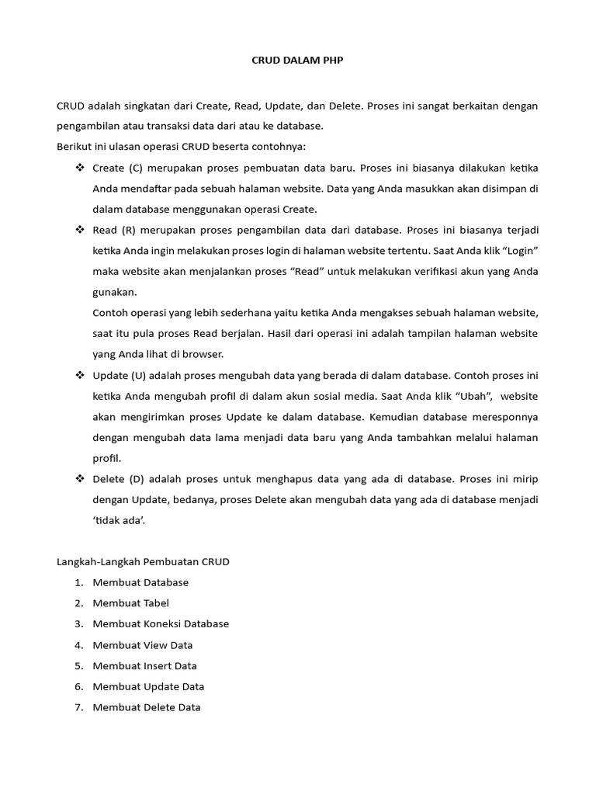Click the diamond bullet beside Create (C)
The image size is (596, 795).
(80, 168)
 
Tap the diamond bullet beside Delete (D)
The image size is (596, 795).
(80, 479)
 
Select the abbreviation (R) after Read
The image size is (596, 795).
(128, 230)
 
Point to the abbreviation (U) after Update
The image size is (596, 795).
(137, 375)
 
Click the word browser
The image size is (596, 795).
(203, 354)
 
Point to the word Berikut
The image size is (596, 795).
(74, 147)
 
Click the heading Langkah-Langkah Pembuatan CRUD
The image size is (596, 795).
(143, 561)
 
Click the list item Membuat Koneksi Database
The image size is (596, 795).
(161, 624)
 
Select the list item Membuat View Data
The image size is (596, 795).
(142, 645)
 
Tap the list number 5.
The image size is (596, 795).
(78, 666)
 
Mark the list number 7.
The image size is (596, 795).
(78, 707)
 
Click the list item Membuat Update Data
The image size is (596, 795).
(148, 686)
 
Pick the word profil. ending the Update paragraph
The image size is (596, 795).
(107, 458)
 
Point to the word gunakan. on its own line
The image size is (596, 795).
(114, 292)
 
